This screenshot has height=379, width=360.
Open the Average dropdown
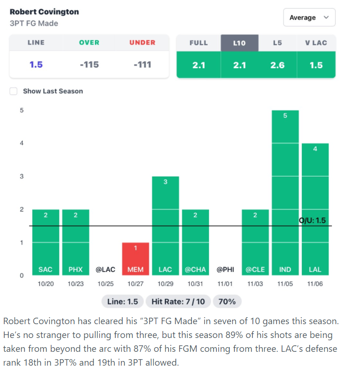[309, 18]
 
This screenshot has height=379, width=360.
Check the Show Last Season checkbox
[14, 91]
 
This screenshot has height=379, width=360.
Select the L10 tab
[240, 43]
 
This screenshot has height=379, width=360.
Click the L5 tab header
[277, 43]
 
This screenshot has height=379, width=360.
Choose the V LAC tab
[316, 43]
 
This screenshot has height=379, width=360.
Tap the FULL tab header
[198, 43]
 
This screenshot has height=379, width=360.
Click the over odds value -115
[89, 65]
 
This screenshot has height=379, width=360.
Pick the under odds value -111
[142, 65]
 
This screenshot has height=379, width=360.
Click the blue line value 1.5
[36, 65]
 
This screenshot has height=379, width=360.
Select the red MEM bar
[135, 259]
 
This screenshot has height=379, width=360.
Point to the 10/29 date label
[165, 284]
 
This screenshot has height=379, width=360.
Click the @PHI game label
[225, 270]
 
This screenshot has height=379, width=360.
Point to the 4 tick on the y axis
[21, 143]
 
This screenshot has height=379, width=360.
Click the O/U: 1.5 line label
[312, 221]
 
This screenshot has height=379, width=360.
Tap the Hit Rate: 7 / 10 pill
[178, 302]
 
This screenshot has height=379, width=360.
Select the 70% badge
[227, 302]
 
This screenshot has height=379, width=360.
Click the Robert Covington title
[44, 12]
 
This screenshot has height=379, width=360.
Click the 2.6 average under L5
[277, 65]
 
